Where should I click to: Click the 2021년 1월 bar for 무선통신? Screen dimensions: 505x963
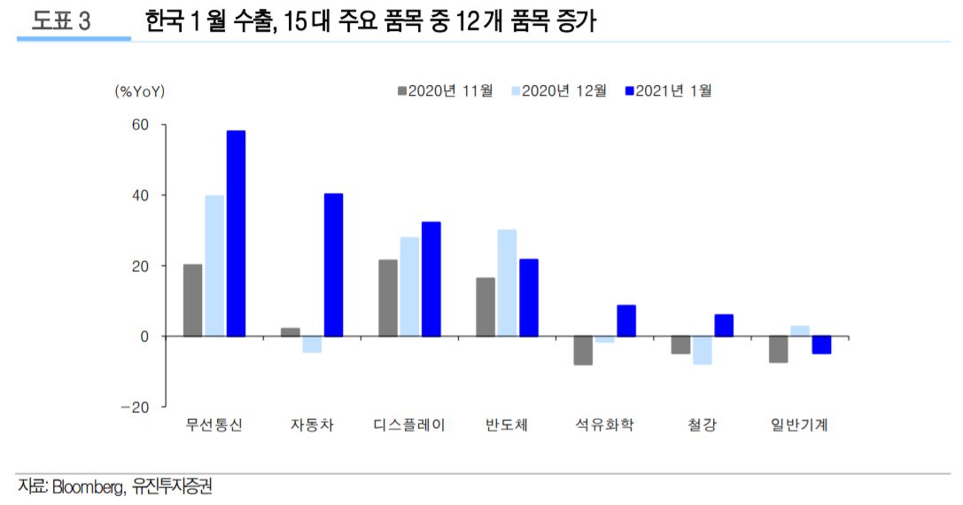point(236,234)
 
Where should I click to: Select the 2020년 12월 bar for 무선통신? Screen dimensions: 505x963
point(214,266)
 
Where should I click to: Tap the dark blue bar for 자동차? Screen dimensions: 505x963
point(333,265)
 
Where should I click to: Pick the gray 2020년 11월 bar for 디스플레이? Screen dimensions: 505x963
point(388,298)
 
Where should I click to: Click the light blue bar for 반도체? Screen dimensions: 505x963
point(507,283)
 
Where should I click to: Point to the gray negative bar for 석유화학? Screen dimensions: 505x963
point(583,351)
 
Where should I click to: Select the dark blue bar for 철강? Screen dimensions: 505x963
point(724,325)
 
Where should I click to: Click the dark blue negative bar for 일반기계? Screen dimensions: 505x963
point(821,345)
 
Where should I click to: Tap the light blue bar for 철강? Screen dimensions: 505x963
point(703,350)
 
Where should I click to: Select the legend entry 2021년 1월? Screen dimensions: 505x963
point(672,90)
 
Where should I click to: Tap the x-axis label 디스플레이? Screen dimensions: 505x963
point(409,425)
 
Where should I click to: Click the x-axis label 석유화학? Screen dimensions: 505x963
point(604,425)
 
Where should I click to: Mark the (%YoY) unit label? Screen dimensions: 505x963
point(140,90)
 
